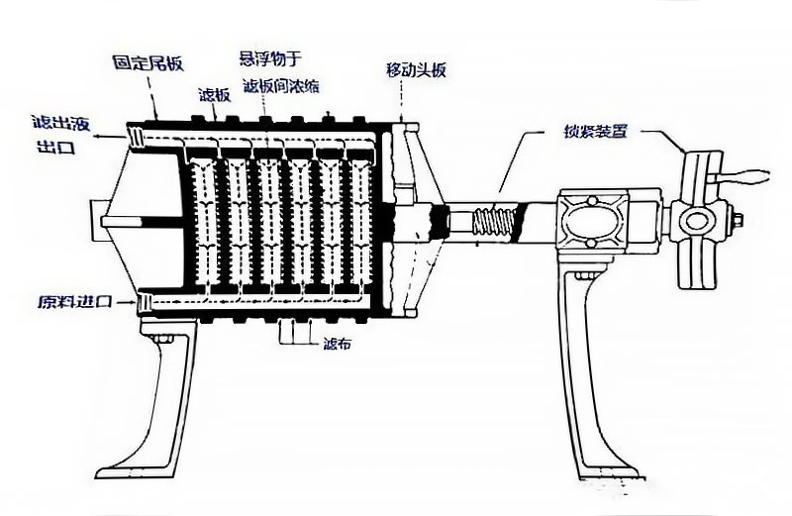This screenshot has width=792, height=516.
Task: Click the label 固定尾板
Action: click(148, 62)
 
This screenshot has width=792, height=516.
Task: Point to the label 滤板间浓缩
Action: click(280, 86)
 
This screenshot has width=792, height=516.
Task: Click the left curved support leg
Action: click(159, 416)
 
